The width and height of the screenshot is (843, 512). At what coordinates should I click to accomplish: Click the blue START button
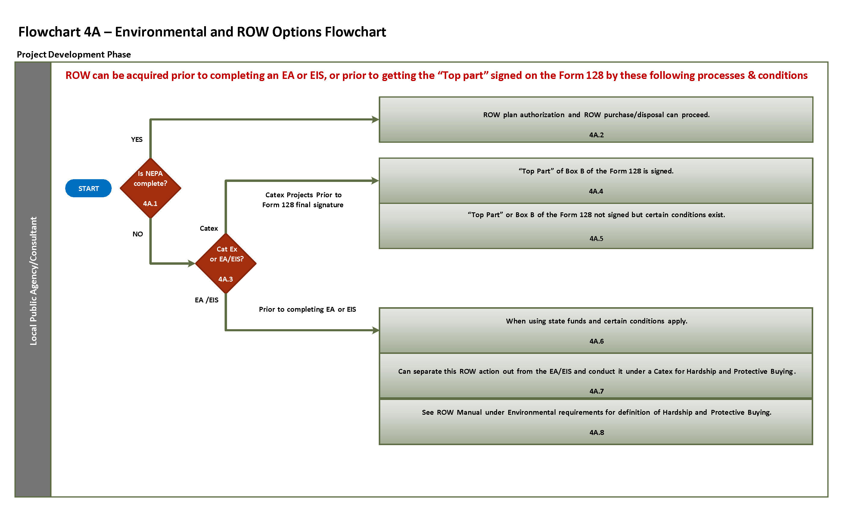(88, 188)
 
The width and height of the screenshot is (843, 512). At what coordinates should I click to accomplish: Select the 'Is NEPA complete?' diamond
(150, 188)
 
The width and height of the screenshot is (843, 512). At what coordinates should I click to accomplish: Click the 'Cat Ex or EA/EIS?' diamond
(226, 263)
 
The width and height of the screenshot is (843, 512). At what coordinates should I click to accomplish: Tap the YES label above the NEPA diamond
(136, 139)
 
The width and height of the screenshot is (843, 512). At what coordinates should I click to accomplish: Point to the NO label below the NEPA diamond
(138, 234)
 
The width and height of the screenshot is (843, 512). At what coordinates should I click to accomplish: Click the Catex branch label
(208, 228)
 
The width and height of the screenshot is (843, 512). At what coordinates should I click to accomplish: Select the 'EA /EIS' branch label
(206, 300)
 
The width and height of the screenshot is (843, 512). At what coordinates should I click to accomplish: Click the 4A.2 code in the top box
(596, 135)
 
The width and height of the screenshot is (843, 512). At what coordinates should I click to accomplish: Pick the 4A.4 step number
(596, 191)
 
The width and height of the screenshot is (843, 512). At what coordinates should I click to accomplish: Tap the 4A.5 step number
(596, 239)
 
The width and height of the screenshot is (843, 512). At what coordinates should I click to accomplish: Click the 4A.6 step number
(596, 341)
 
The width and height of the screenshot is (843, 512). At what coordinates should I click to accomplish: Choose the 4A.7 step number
(596, 391)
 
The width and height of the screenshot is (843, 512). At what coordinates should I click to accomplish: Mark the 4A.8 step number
(596, 432)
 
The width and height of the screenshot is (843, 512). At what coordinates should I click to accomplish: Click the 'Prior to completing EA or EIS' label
(307, 309)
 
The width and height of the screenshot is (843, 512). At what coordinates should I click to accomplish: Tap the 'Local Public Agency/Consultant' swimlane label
(33, 281)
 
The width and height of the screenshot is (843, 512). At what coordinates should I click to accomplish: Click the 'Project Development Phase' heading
(73, 55)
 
